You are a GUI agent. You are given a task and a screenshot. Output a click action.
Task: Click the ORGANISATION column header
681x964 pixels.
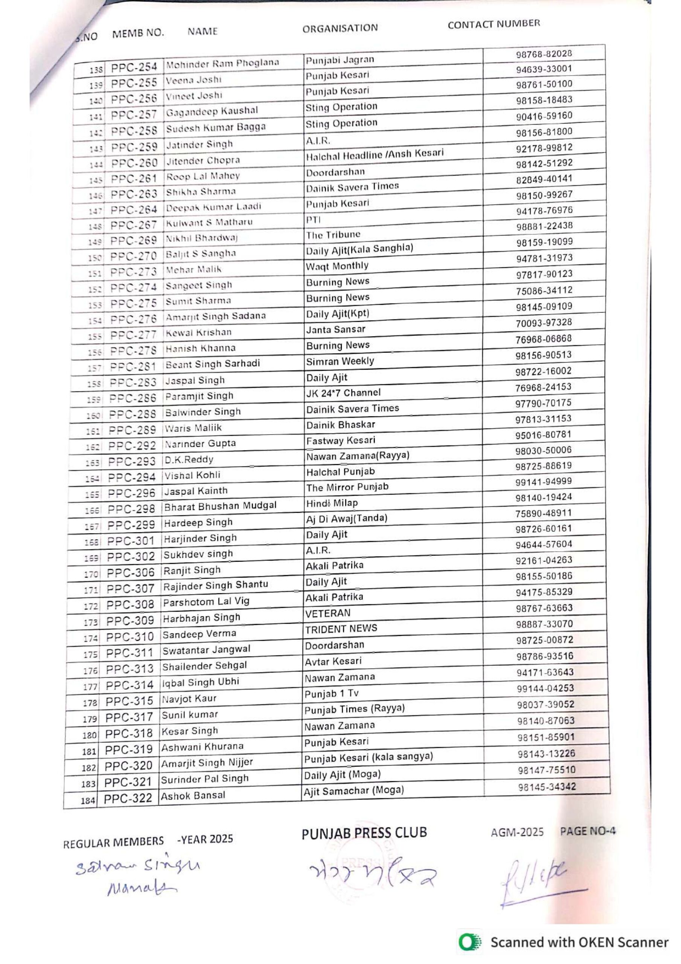point(340,28)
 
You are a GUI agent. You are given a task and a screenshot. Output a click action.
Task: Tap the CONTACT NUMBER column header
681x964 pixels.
point(494,24)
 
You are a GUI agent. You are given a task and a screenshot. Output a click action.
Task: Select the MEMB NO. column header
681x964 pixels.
point(138,33)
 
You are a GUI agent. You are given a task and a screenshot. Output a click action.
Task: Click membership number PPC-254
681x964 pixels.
point(134,67)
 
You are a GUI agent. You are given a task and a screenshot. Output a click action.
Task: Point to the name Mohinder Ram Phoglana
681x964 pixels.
point(222,64)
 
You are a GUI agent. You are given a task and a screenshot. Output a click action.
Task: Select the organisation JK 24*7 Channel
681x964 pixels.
point(343,393)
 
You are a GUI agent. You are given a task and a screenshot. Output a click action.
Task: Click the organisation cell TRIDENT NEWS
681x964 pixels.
point(341,629)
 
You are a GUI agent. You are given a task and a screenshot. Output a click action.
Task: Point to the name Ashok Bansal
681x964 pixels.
point(193,795)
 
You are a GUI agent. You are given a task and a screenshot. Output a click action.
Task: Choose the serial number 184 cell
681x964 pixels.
point(88,800)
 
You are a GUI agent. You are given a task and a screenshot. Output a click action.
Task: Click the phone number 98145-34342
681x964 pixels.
point(547,787)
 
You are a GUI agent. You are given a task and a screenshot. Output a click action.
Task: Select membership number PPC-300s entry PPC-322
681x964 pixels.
point(128,798)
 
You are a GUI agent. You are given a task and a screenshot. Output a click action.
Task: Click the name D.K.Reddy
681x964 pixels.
point(189,459)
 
